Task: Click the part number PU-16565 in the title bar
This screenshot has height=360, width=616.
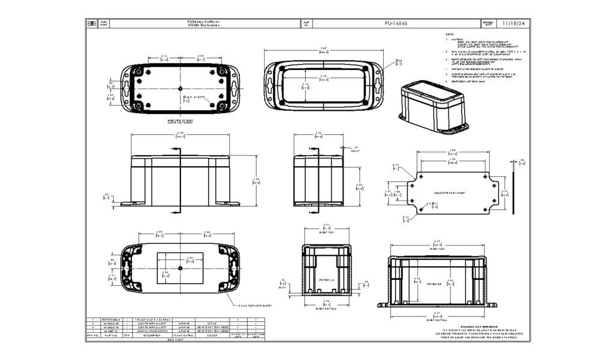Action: click(x=396, y=23)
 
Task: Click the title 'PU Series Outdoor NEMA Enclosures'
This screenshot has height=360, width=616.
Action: click(x=203, y=23)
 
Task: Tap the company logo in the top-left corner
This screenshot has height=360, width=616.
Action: click(x=91, y=23)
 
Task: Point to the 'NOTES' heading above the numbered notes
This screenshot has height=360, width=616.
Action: click(x=449, y=34)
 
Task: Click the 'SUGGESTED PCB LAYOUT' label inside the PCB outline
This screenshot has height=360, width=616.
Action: click(x=450, y=192)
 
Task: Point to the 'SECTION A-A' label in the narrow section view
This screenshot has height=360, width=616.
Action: click(x=325, y=281)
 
